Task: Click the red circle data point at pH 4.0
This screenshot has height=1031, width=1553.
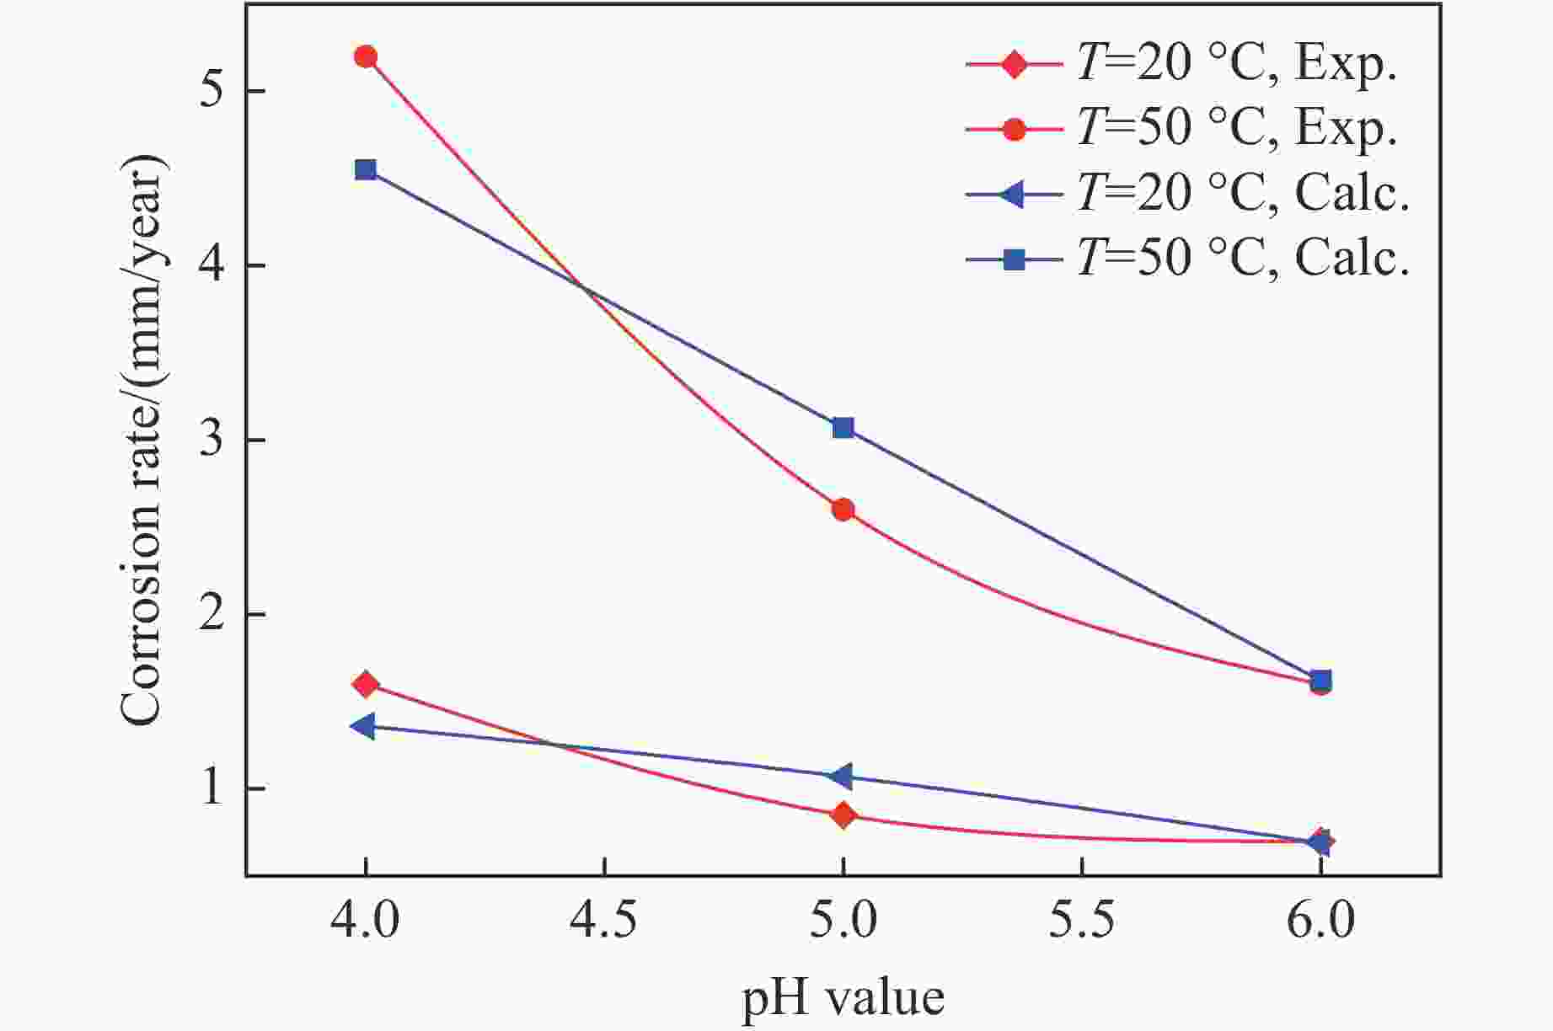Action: click(x=365, y=57)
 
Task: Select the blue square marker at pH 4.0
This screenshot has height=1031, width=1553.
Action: click(x=365, y=170)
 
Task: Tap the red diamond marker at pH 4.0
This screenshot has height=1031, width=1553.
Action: click(x=365, y=684)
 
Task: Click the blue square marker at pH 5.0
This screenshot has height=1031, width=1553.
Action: click(x=843, y=428)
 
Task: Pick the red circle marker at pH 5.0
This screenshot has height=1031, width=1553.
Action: click(x=843, y=510)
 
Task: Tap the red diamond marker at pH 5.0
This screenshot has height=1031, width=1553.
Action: click(x=843, y=815)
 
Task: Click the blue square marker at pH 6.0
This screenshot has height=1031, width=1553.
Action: click(x=1321, y=680)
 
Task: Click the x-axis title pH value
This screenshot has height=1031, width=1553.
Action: click(x=843, y=999)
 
